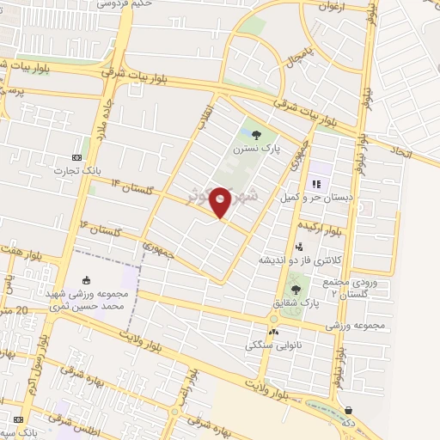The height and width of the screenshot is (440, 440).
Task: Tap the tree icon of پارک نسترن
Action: click(x=257, y=133)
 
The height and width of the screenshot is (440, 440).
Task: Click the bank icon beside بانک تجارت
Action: click(x=77, y=157)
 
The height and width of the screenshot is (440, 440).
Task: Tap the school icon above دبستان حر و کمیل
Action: click(x=316, y=183)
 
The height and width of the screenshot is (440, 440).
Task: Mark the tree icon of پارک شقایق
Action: click(x=296, y=290)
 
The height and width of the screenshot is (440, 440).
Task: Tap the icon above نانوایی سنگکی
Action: click(x=274, y=332)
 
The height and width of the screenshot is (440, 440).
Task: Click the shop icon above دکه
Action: click(x=350, y=410)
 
